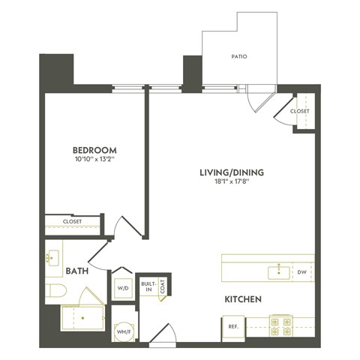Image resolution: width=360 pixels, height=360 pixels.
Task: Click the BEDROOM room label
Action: click(94, 149)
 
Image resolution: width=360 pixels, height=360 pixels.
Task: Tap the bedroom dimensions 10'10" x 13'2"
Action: click(94, 159)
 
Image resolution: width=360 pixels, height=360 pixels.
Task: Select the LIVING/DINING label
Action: click(231, 172)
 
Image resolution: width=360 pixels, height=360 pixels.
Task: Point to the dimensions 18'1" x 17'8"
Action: click(231, 182)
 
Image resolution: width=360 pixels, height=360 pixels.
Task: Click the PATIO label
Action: click(239, 56)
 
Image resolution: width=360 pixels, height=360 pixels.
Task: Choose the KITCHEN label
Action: click(243, 299)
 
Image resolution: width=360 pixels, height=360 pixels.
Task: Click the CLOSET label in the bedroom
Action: click(72, 222)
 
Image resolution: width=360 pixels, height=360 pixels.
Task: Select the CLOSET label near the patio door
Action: click(300, 112)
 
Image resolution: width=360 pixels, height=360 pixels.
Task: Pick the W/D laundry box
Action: click(121, 286)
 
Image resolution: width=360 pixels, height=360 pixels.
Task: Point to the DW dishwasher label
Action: click(301, 271)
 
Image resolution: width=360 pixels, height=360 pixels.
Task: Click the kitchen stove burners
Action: click(280, 327)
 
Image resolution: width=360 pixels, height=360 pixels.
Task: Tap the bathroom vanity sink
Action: click(52, 259)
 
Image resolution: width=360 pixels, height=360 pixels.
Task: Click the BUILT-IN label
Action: click(148, 286)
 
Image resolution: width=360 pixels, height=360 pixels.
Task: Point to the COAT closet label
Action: click(163, 285)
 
